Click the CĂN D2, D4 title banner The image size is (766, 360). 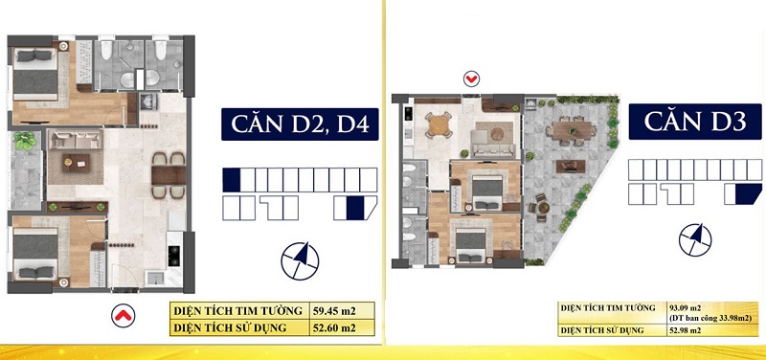[x=300, y=124]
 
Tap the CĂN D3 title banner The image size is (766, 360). [x=695, y=122]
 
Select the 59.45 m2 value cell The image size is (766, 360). [x=343, y=310]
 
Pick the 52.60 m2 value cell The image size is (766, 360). [x=343, y=326]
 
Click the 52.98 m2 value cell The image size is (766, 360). [x=712, y=330]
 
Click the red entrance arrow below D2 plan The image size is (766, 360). [x=123, y=316]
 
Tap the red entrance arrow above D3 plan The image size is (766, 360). [x=471, y=79]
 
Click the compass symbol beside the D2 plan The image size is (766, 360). [x=300, y=260]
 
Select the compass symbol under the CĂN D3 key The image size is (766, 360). [x=695, y=239]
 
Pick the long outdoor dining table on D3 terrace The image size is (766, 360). [x=571, y=130]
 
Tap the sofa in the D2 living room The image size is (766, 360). [x=76, y=140]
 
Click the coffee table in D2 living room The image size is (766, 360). [x=76, y=163]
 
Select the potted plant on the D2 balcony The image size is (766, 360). [x=26, y=141]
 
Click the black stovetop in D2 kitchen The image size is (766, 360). [x=173, y=256]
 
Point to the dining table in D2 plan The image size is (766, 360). [x=169, y=175]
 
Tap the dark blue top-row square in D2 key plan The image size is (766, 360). [x=232, y=180]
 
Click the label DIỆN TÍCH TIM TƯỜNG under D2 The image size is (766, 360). [x=237, y=310]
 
